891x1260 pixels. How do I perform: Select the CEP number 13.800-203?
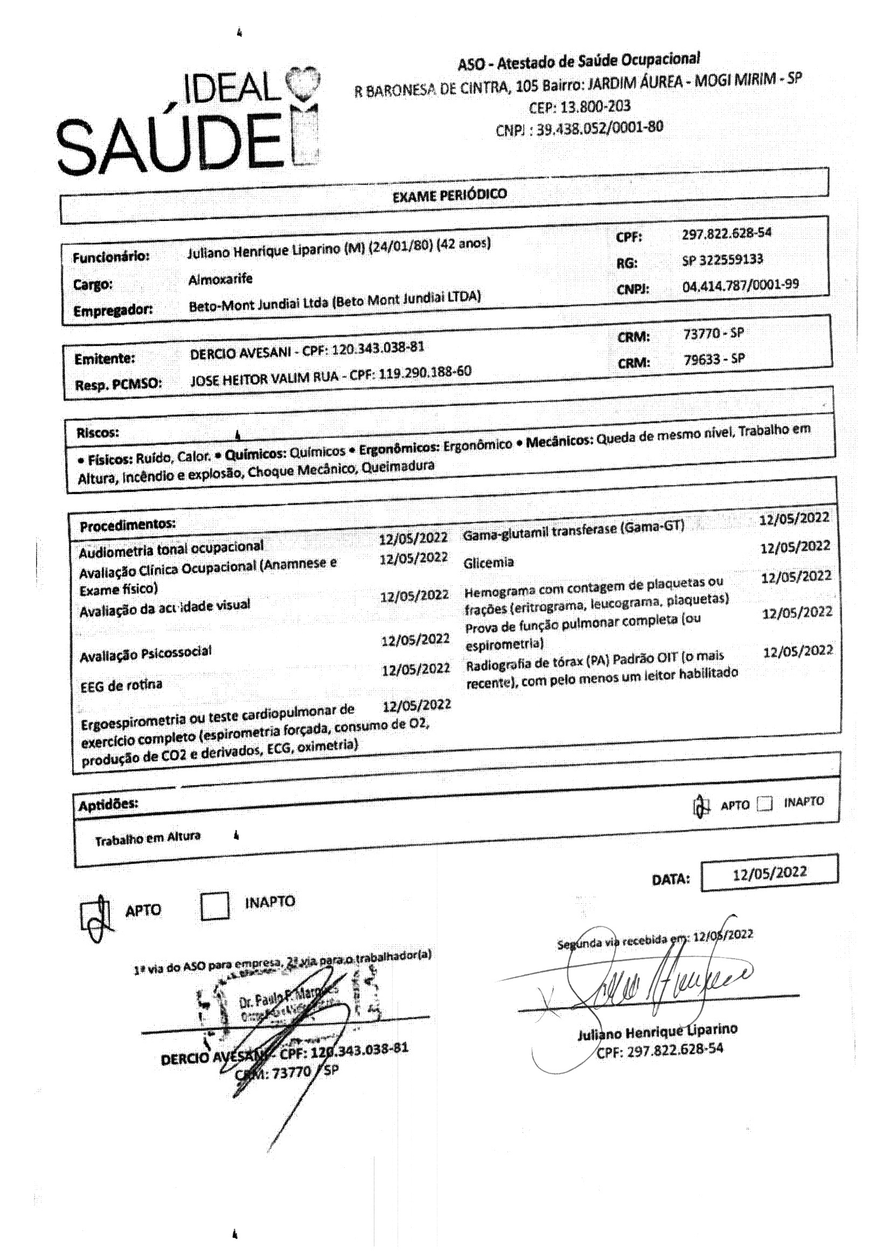[580, 106]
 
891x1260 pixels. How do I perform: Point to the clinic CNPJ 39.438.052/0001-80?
[600, 128]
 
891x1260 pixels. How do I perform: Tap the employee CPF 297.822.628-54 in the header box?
[726, 233]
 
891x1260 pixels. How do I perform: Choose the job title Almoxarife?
[220, 279]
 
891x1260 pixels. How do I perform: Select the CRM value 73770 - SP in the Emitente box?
[714, 334]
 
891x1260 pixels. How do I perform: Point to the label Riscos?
[98, 432]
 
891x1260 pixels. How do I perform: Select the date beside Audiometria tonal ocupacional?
[413, 538]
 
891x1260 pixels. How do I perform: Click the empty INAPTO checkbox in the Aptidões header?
[764, 805]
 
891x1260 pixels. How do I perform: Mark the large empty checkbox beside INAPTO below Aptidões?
[214, 906]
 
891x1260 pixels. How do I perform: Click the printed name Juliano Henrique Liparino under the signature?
[657, 1032]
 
